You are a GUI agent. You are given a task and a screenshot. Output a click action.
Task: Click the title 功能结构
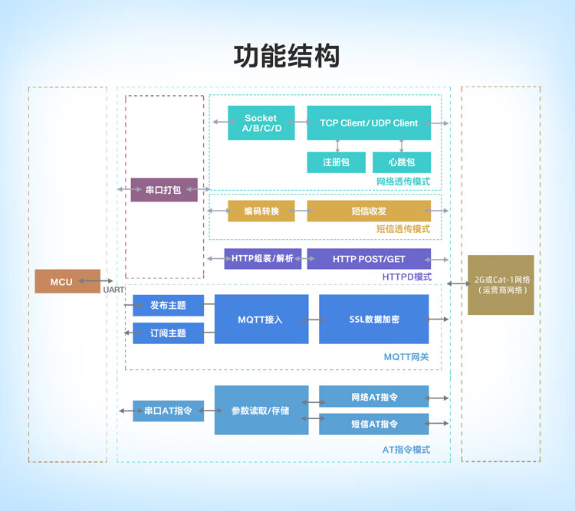[x=287, y=56]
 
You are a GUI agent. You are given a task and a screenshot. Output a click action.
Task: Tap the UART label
[x=113, y=290]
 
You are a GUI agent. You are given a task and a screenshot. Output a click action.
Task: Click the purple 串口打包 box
[x=164, y=189]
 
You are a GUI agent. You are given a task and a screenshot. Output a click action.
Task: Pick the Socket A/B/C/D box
[x=261, y=123]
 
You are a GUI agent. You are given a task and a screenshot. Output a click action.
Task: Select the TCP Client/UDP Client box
[x=369, y=123]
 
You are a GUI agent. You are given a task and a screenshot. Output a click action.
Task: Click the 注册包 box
[x=337, y=162]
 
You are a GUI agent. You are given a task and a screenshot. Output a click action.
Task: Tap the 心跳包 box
[x=402, y=162]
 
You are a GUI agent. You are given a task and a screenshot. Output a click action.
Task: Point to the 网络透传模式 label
[x=403, y=182]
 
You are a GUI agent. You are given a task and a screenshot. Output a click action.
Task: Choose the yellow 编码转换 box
[x=261, y=211]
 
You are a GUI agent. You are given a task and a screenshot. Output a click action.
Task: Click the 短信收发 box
[x=369, y=211]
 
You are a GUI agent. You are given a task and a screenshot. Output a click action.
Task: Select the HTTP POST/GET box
[x=369, y=259]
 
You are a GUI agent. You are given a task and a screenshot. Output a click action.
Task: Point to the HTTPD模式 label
[x=406, y=277]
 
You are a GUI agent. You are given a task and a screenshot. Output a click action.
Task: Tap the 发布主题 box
[x=169, y=305]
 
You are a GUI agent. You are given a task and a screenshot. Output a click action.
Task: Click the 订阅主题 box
[x=169, y=332]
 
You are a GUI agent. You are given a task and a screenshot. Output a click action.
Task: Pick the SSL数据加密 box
[x=373, y=319]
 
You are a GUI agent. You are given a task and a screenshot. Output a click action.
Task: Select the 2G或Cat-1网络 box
[x=501, y=285]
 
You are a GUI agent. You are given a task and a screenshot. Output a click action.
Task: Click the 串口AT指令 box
[x=169, y=411]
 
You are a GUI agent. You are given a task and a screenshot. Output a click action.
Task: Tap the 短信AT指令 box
[x=373, y=424]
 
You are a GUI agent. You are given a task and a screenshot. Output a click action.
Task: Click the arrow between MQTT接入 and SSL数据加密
[x=314, y=319]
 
